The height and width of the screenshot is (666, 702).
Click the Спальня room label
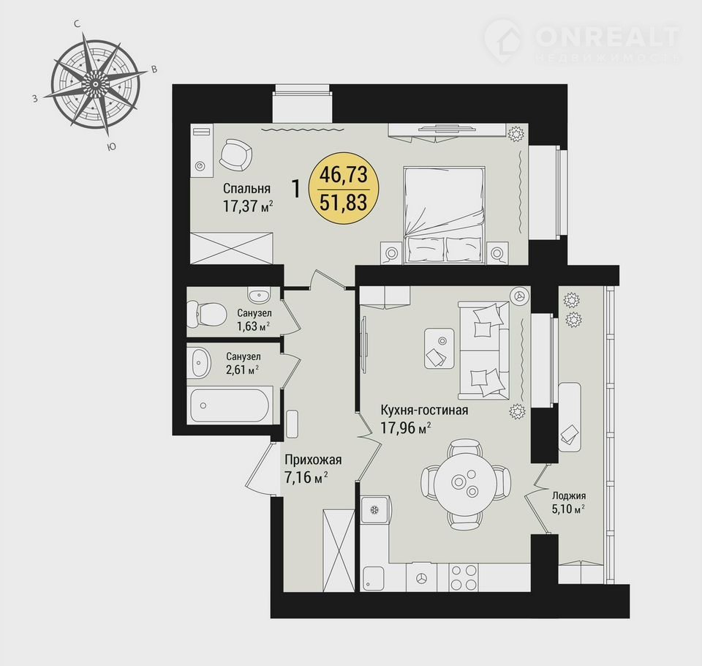pyautogui.click(x=246, y=188)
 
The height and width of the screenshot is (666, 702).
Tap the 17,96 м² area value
pyautogui.click(x=406, y=427)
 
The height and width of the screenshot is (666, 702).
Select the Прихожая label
pyautogui.click(x=314, y=460)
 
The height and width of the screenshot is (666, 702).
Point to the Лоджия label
pyautogui.click(x=569, y=495)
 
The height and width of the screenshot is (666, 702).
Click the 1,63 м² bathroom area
pyautogui.click(x=254, y=326)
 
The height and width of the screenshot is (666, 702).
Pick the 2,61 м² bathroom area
pyautogui.click(x=242, y=370)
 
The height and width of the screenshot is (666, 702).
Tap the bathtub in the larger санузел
pyautogui.click(x=230, y=405)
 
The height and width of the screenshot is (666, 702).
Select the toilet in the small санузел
pyautogui.click(x=206, y=313)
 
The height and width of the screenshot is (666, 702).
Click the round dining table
pyautogui.click(x=466, y=482)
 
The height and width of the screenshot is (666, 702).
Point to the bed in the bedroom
pyautogui.click(x=444, y=214)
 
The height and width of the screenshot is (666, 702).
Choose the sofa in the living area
pyautogui.click(x=483, y=351)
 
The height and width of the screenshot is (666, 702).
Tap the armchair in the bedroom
pyautogui.click(x=235, y=154)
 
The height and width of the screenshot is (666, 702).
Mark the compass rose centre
pyautogui.click(x=95, y=84)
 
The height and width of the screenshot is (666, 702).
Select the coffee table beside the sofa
pyautogui.click(x=439, y=348)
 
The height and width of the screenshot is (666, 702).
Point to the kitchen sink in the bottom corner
pyautogui.click(x=374, y=579)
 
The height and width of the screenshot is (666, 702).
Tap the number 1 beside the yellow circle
pyautogui.click(x=296, y=189)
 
